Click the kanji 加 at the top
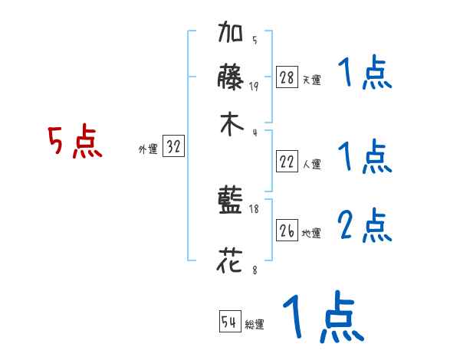coord(231,35)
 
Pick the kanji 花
coord(231,260)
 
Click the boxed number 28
coord(287,77)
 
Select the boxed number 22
coord(287,162)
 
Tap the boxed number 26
coord(287,231)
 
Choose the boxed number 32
coord(173,147)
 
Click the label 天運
coord(311,80)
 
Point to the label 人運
coord(311,164)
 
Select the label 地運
coord(311,233)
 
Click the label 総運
coord(255,325)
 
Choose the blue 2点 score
coord(365,226)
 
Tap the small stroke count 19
coord(254,86)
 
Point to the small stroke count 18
coord(255,209)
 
